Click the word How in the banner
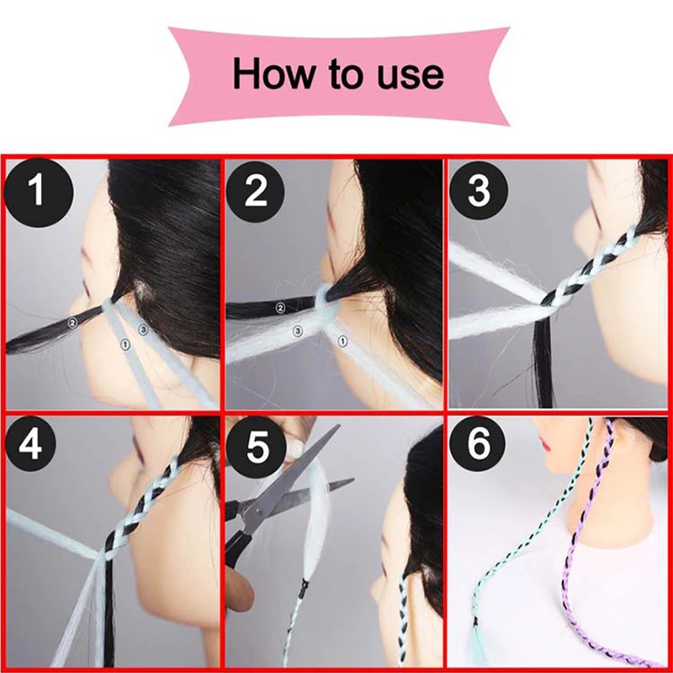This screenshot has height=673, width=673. pos(273,74)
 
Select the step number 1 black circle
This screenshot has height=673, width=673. pos(38,192)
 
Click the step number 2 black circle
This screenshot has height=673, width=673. pos(256,192)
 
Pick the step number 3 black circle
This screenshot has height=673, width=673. pos(479,190)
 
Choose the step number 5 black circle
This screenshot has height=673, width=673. pos(257,447)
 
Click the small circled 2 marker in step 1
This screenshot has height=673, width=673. pos(72,322)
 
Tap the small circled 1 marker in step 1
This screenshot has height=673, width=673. pos(125,344)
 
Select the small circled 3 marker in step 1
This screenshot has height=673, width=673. pos(143,329)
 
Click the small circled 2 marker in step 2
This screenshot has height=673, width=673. pos(280,307)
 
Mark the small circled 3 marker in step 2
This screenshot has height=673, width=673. pos(298,331)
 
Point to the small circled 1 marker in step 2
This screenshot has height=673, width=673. pos(342,342)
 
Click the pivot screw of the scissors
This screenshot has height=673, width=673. pos(257,511)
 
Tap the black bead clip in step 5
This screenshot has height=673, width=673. pos(305,585)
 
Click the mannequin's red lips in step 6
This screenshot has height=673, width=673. pos(545,443)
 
